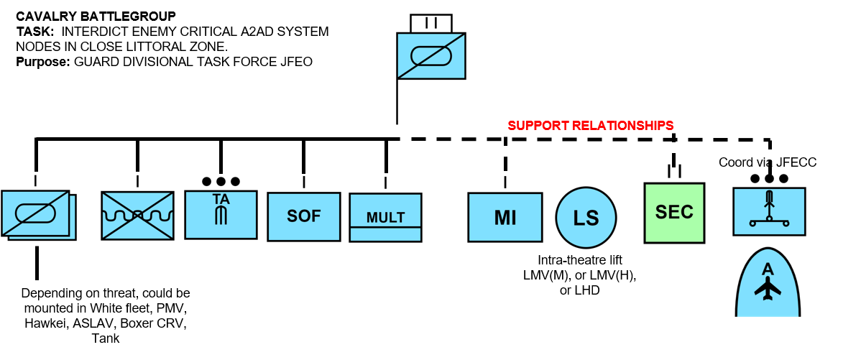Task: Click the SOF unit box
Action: click(303, 216)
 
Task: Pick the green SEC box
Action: click(674, 212)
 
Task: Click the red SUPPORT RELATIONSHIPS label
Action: click(591, 125)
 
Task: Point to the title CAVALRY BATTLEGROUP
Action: click(95, 15)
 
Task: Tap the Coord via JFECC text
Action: click(768, 162)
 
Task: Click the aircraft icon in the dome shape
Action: click(768, 288)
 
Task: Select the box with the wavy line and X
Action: click(137, 216)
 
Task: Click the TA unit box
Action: click(221, 214)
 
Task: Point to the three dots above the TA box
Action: click(221, 181)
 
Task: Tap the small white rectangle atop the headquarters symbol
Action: click(431, 23)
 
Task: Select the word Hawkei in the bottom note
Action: click(42, 323)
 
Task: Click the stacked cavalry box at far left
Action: click(37, 214)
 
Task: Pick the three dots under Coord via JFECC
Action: click(768, 178)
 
